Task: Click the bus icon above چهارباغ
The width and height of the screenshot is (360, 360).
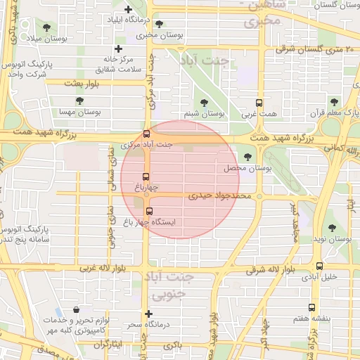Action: [x=146, y=176]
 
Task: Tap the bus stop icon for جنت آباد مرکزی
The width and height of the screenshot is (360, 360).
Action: [x=146, y=134]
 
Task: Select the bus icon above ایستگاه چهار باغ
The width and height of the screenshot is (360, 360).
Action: [x=148, y=210]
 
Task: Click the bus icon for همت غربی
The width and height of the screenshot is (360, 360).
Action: [x=259, y=103]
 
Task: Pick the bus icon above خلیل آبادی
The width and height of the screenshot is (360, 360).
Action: [x=320, y=266]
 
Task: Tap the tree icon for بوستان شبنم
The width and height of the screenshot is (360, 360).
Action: [x=205, y=103]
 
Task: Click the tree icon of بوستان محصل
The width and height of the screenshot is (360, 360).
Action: [x=247, y=157]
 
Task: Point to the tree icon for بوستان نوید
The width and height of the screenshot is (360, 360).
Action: [x=333, y=228]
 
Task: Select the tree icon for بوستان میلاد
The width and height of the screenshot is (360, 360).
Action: [x=46, y=28]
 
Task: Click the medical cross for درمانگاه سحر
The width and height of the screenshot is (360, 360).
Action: [x=148, y=314]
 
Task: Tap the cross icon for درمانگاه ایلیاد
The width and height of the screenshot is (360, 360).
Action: [x=128, y=10]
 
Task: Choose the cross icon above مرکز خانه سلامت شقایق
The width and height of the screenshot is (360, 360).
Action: [x=119, y=49]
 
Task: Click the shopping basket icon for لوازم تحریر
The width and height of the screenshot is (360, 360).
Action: [x=76, y=309]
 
